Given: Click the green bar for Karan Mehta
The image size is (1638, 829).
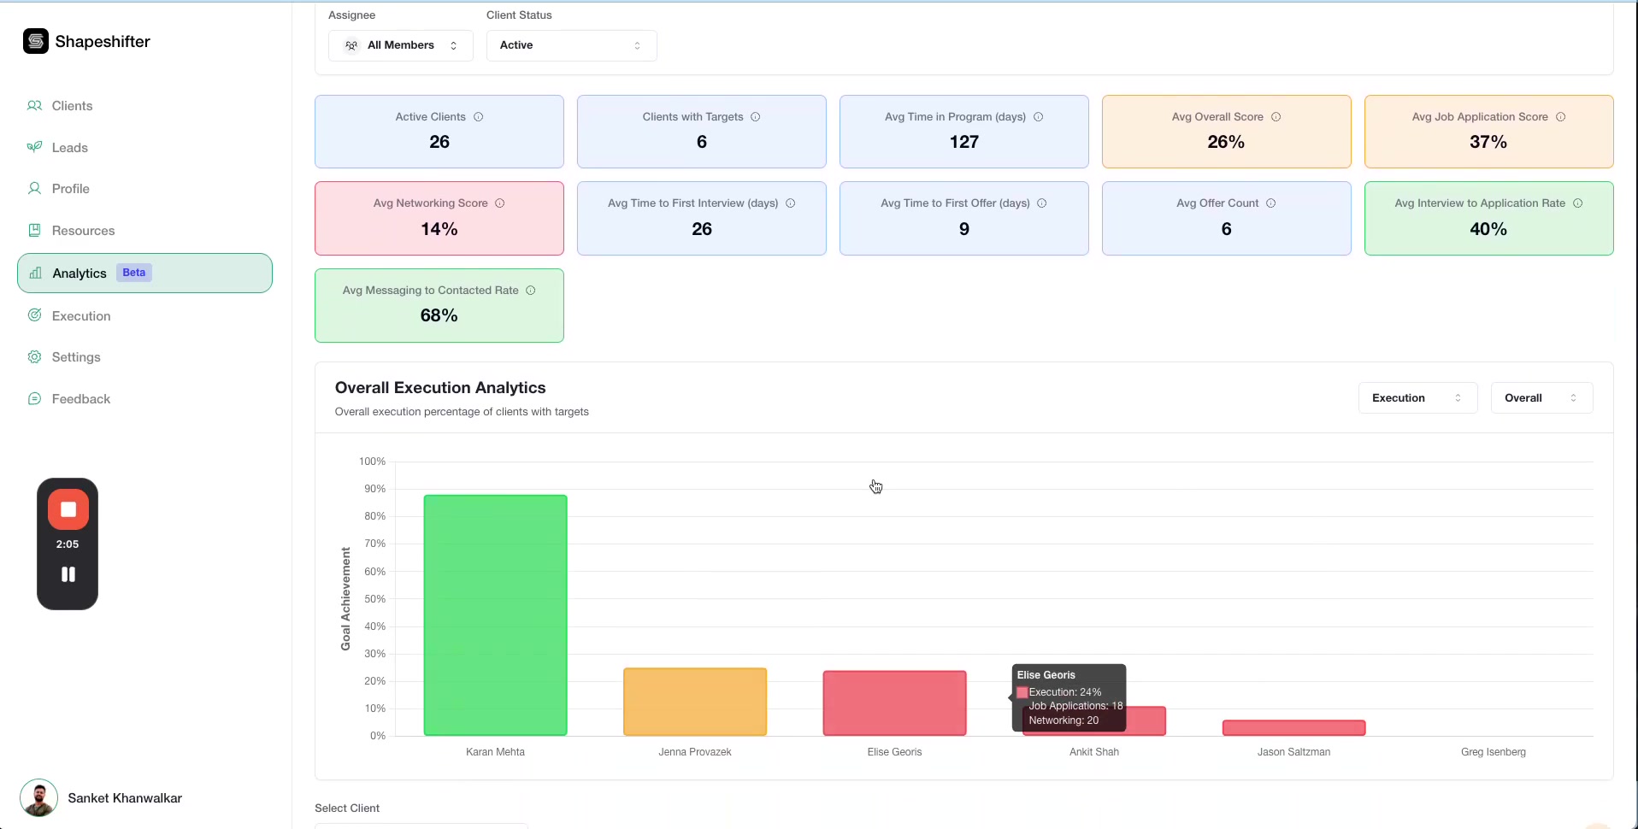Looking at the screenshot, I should coord(495,614).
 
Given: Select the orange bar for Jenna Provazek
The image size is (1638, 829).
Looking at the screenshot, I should coord(695,701).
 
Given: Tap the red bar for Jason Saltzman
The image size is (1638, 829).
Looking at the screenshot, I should coord(1293,727).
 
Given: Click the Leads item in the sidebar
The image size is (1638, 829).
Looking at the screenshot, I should coord(69,148).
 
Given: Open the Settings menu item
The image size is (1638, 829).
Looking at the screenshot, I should coord(76,357).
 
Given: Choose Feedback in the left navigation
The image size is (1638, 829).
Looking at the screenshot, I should coord(80,399).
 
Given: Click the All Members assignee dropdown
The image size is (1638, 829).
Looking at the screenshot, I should coord(401,45).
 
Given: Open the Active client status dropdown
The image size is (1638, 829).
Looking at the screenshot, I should coord(571,45).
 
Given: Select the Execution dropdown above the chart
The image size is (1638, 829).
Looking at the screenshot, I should coord(1417,398).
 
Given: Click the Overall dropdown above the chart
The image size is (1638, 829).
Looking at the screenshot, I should coord(1541,398).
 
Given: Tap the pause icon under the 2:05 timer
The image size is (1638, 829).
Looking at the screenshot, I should coord(68,574).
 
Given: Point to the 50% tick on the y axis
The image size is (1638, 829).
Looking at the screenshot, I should coord(374,599).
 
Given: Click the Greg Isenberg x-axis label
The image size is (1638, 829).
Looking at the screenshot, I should coord(1493,752).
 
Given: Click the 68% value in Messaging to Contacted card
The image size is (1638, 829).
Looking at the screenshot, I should coord(439,315).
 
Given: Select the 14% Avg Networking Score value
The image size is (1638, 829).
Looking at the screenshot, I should coord(439,229).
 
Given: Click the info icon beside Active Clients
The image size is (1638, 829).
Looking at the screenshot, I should coord(479,117).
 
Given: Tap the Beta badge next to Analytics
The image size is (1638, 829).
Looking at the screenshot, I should coord(133,273).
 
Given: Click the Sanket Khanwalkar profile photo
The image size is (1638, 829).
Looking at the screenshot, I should coord(38,798).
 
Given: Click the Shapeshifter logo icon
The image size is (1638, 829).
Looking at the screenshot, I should coord(36,41).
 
